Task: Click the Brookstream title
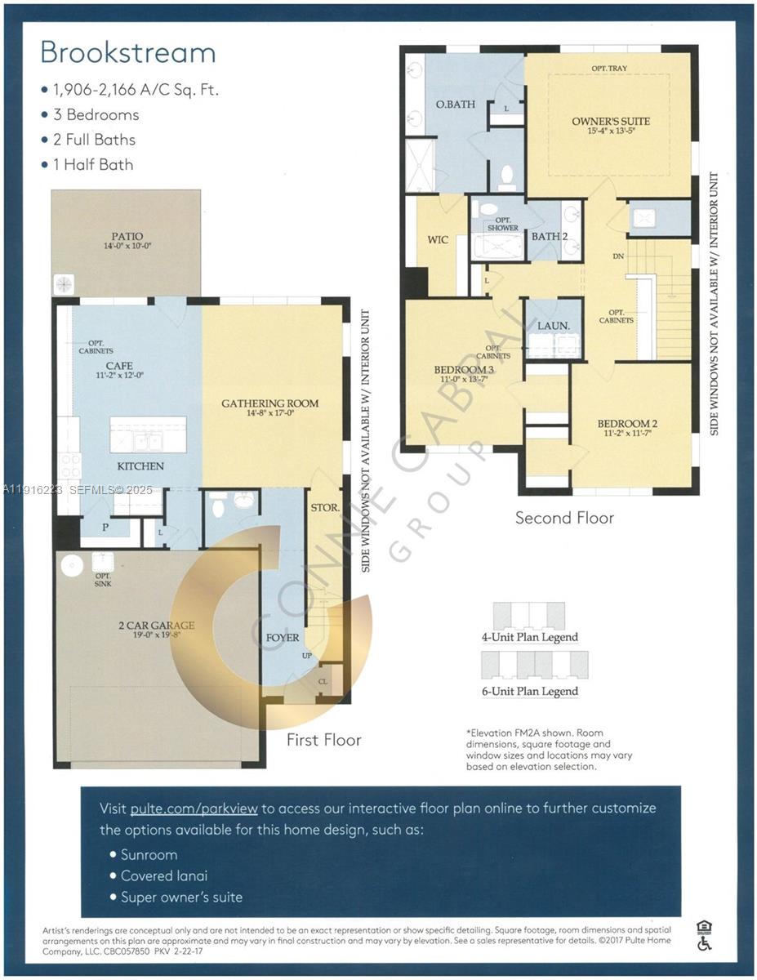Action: (x=128, y=52)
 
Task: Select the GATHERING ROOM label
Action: (x=270, y=403)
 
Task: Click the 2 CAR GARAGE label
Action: (x=155, y=626)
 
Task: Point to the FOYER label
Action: (x=283, y=637)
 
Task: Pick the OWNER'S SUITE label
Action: (x=610, y=121)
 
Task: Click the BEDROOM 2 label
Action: (x=627, y=423)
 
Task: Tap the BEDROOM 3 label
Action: (x=463, y=370)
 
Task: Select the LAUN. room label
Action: (x=553, y=325)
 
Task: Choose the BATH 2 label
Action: (x=549, y=237)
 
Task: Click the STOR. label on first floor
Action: (x=325, y=508)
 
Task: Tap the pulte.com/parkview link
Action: (x=194, y=808)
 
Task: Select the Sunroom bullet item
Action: (x=149, y=854)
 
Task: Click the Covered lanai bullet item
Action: (x=164, y=875)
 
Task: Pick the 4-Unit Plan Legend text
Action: (x=529, y=637)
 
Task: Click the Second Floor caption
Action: (x=564, y=518)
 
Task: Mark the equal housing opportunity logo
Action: (x=704, y=927)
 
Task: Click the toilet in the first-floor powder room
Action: (x=219, y=507)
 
